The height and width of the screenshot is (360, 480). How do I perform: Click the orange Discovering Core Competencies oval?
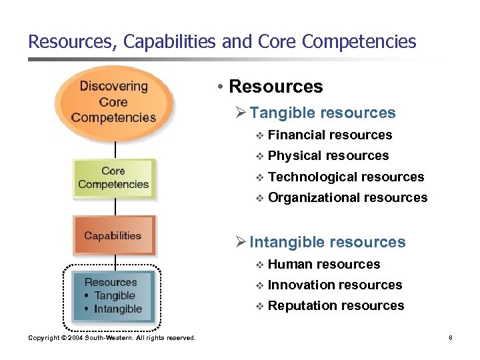coord(114,102)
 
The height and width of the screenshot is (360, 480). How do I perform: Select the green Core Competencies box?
coord(113,177)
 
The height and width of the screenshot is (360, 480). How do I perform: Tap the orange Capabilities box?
coord(113,236)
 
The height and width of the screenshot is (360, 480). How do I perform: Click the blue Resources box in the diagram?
coord(113,295)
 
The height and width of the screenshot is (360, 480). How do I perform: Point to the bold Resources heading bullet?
coord(275,87)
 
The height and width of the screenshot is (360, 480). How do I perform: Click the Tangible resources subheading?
coord(323,113)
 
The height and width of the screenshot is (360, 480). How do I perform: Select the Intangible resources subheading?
coord(327,242)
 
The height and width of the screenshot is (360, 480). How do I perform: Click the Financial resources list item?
coord(329,135)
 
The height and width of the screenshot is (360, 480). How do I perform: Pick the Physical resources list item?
coord(328,156)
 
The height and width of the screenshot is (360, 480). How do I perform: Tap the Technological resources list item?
coord(345,177)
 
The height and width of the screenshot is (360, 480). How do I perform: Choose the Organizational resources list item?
coord(347,197)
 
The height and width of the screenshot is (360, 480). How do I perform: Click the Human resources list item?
coord(323,265)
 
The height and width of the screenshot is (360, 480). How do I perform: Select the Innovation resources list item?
coord(335,285)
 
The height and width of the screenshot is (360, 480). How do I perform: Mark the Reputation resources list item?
coord(335,306)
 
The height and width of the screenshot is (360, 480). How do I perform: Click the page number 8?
coord(451,338)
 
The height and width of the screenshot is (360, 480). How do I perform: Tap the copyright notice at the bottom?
coord(112,338)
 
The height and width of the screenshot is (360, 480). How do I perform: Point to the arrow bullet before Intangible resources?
coord(241,242)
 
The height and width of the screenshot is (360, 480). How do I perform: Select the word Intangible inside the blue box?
coord(118,309)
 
